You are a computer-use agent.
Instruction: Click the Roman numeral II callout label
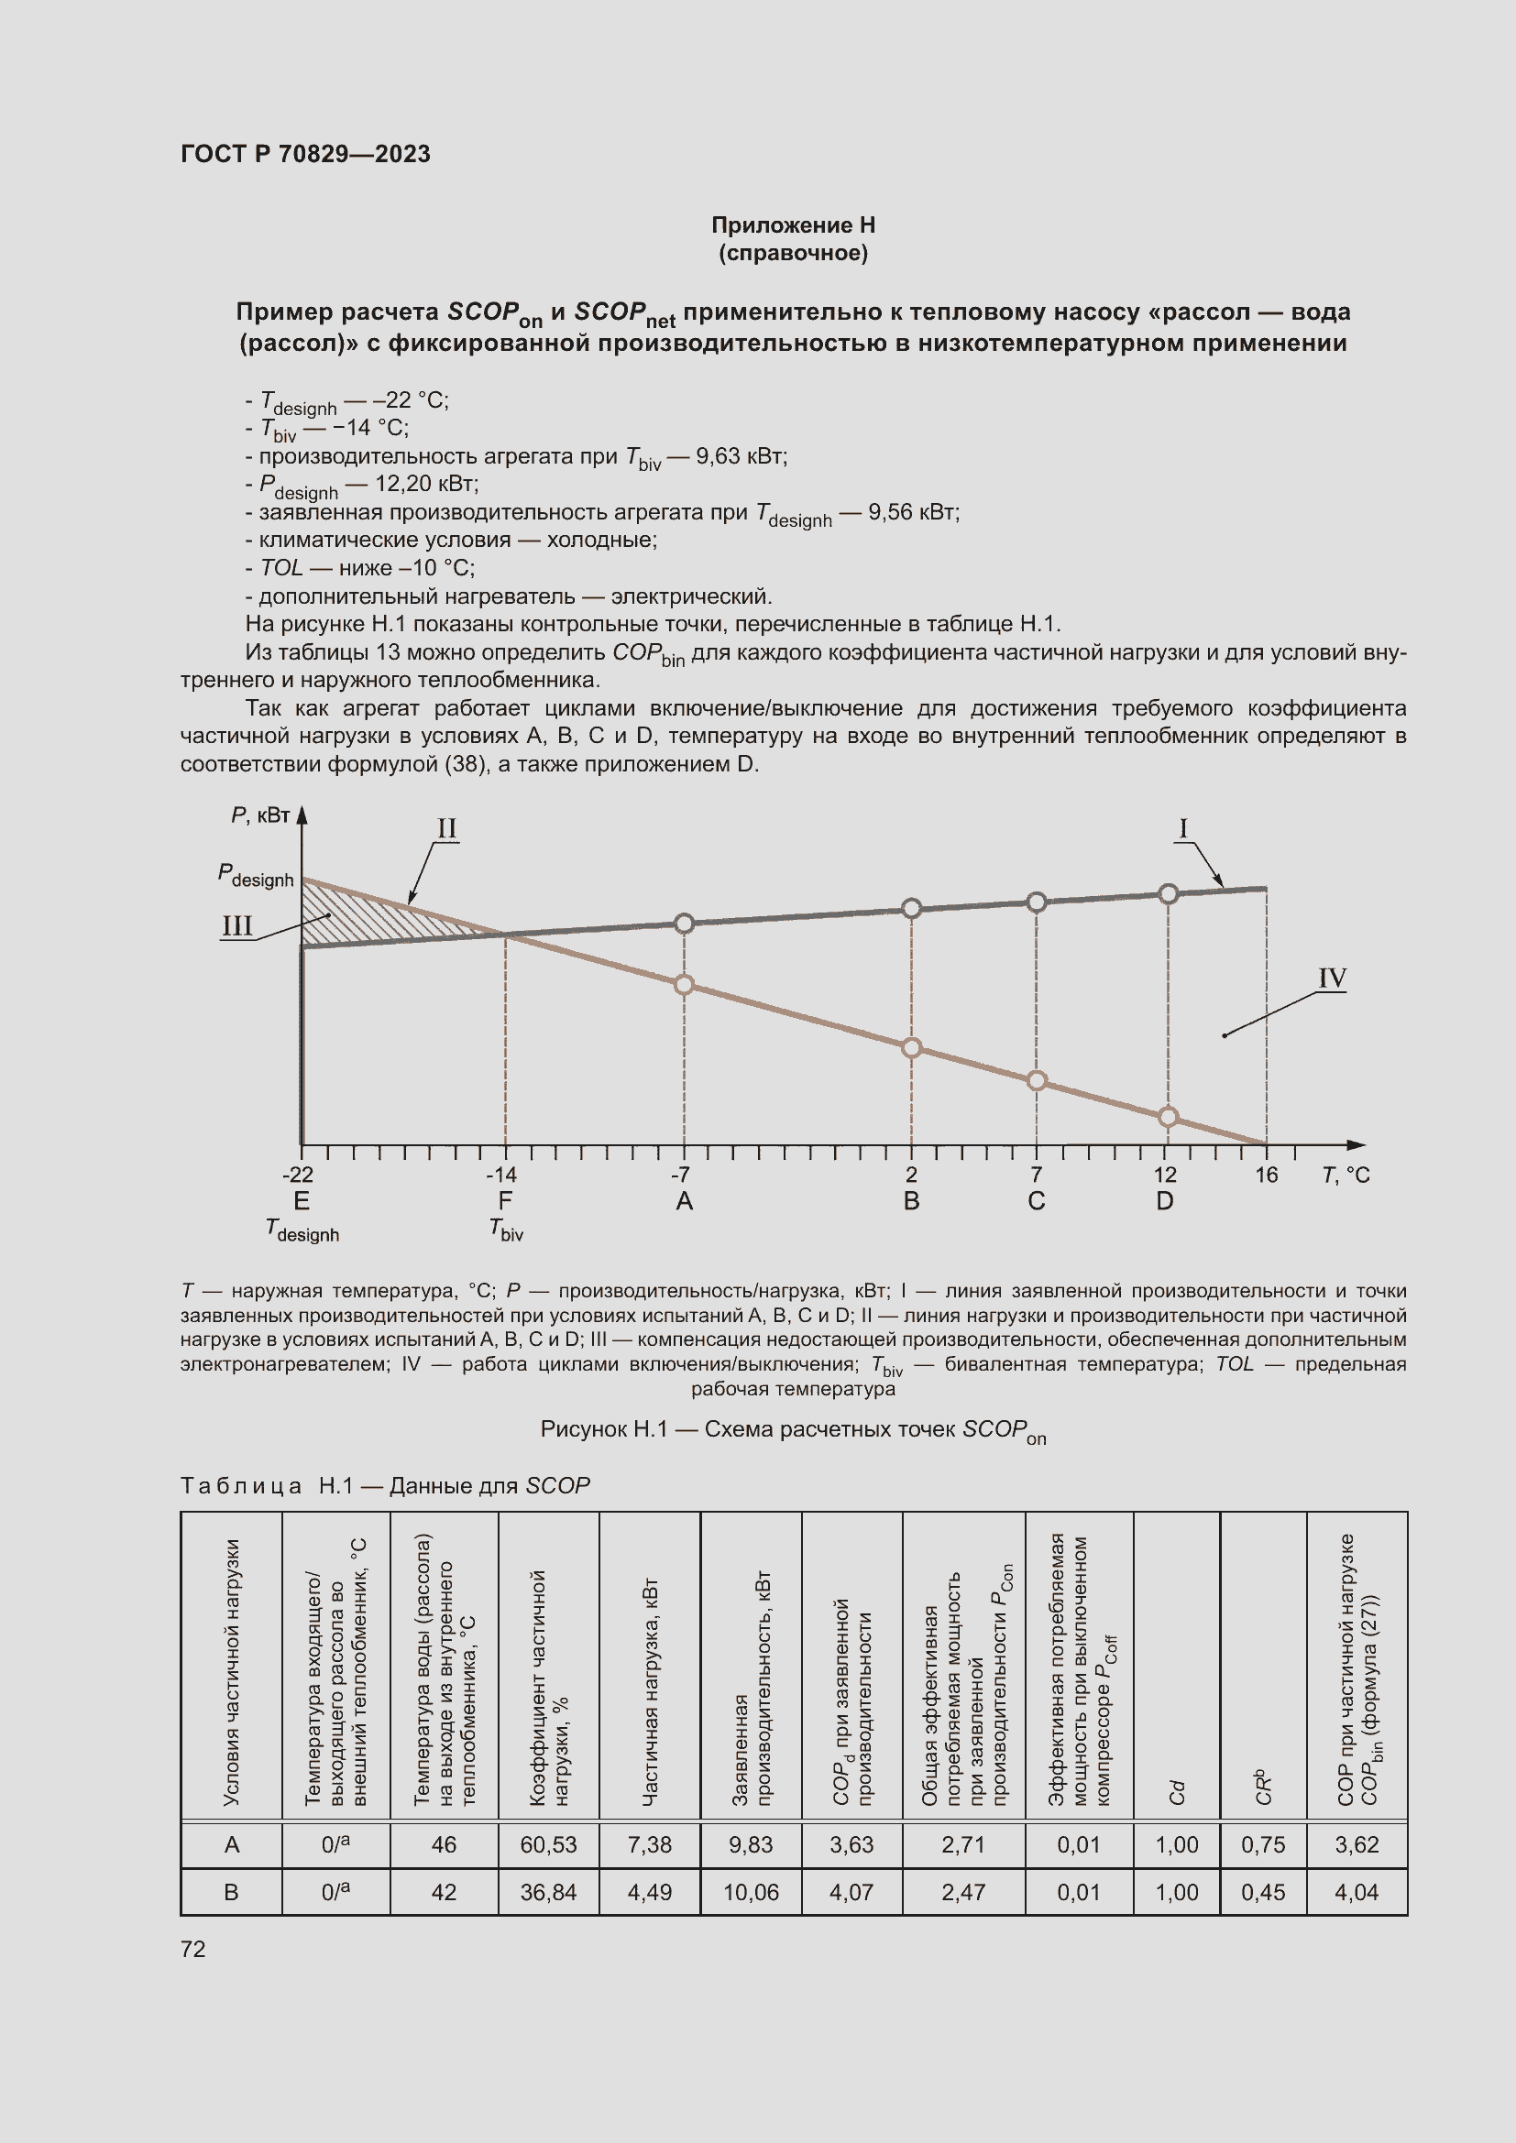(x=447, y=828)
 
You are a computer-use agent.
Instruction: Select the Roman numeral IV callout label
(x=1331, y=979)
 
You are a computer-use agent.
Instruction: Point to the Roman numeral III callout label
(x=237, y=926)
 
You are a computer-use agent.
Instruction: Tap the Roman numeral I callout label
(x=1182, y=828)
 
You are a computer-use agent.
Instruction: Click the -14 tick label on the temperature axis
(x=501, y=1175)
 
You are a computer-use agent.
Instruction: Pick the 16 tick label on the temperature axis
(x=1266, y=1175)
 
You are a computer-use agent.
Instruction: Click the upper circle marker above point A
(x=685, y=924)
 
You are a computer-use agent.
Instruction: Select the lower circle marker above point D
(x=1168, y=1117)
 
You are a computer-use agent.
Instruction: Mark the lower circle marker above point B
(x=912, y=1048)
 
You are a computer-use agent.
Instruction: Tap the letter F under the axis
(x=505, y=1201)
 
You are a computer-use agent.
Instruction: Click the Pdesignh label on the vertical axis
(x=256, y=876)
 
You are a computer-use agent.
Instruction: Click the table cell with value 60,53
(x=548, y=1845)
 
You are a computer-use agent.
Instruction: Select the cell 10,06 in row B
(x=751, y=1893)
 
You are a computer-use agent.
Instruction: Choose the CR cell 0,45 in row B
(x=1262, y=1893)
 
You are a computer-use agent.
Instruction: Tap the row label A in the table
(x=232, y=1845)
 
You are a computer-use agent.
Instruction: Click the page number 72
(x=193, y=1949)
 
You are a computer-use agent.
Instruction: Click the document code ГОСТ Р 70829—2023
(x=305, y=154)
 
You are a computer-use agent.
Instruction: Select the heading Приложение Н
(x=793, y=225)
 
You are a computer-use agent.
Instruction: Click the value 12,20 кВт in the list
(x=425, y=484)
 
